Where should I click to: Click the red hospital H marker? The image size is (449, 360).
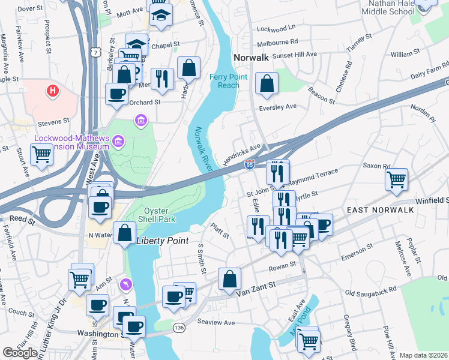coord(53,91)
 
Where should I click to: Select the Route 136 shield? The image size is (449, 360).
coord(178,327)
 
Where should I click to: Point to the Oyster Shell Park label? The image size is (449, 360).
coord(159,215)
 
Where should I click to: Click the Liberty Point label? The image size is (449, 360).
coord(162,241)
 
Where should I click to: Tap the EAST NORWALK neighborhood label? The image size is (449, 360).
coord(379,209)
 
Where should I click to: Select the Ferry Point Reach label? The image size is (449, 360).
coord(224,81)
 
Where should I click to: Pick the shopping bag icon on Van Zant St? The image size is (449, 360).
coord(230,279)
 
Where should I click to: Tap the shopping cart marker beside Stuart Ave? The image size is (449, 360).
coord(42,154)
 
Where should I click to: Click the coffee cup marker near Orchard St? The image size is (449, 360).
coord(116,94)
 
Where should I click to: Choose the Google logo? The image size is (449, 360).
coord(20,353)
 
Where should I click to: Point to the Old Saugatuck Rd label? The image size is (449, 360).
coord(371,292)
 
